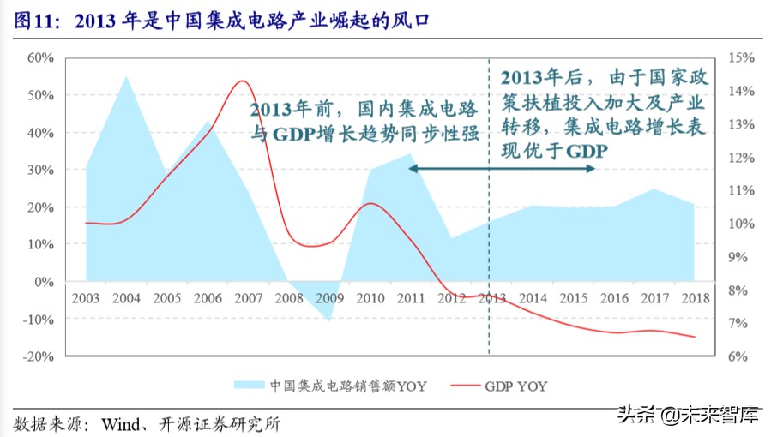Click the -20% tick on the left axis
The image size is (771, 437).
39,356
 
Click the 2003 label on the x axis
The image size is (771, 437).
86,298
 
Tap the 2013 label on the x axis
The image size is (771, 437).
490,298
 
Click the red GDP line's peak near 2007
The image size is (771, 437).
243,81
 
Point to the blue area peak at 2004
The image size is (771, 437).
126,76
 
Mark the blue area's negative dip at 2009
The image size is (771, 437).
328,320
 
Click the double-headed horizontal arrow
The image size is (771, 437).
502,169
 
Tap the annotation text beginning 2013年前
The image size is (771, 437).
364,122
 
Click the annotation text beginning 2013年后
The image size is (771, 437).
603,113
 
